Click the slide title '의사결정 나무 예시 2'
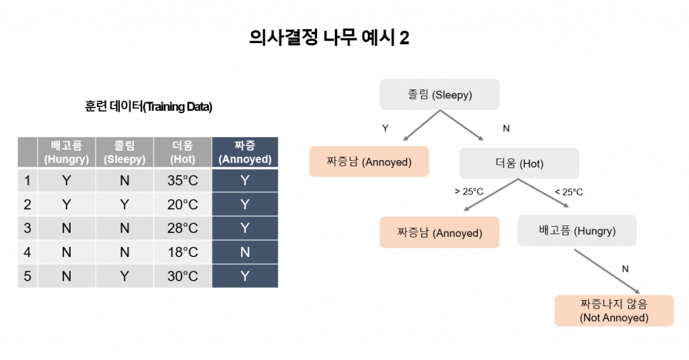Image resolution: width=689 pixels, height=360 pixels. [x=329, y=38]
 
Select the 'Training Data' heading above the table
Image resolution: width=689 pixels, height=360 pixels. [x=149, y=106]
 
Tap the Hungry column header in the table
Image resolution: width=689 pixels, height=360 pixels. [x=67, y=152]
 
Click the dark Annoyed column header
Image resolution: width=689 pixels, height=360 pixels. [x=245, y=152]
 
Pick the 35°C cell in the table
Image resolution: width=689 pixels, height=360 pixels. [x=182, y=180]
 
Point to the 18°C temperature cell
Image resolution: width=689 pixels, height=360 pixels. [x=182, y=252]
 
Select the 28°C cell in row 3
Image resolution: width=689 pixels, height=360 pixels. [x=182, y=228]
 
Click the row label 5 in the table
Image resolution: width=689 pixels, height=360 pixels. [x=27, y=276]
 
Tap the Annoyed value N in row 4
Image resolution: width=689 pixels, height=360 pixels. [x=245, y=252]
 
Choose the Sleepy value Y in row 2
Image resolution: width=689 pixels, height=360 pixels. [x=124, y=205]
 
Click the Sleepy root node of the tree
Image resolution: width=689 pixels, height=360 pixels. [x=439, y=94]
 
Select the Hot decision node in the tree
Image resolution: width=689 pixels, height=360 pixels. [x=519, y=164]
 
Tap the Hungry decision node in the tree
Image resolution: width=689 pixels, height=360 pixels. [x=577, y=231]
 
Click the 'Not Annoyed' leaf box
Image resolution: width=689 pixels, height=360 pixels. [x=614, y=311]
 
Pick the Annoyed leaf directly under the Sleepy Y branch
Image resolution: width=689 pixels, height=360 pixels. [x=369, y=161]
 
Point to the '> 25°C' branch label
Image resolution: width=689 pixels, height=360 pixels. [x=469, y=192]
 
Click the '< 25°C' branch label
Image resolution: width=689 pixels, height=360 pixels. [x=569, y=192]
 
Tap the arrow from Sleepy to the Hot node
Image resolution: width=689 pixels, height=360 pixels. [x=462, y=125]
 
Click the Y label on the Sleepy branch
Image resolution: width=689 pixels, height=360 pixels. [x=386, y=129]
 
